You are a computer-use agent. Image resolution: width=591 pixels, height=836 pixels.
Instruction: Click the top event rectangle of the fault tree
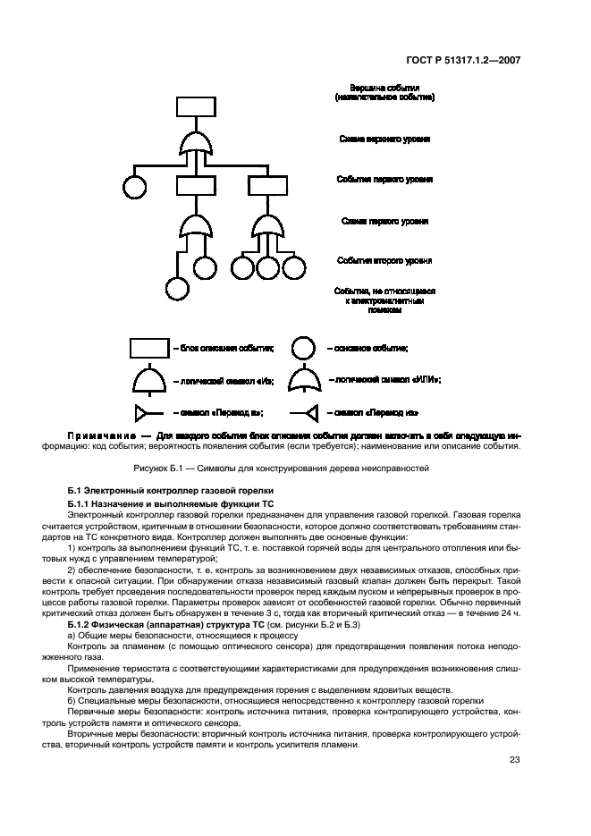point(195,106)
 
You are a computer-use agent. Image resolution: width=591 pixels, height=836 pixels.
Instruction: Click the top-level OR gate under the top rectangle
point(195,144)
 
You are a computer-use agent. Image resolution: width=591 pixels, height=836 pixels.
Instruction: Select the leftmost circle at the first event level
point(134,187)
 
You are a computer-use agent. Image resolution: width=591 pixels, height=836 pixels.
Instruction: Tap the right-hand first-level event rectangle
point(266,184)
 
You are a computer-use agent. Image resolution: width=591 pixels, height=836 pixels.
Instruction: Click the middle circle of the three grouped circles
point(266,266)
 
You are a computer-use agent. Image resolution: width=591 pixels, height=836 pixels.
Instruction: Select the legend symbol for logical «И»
point(150,380)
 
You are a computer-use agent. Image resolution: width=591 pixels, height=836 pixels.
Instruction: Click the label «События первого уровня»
point(384,180)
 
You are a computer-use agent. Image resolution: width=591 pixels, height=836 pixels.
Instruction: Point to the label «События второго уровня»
point(384,261)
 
